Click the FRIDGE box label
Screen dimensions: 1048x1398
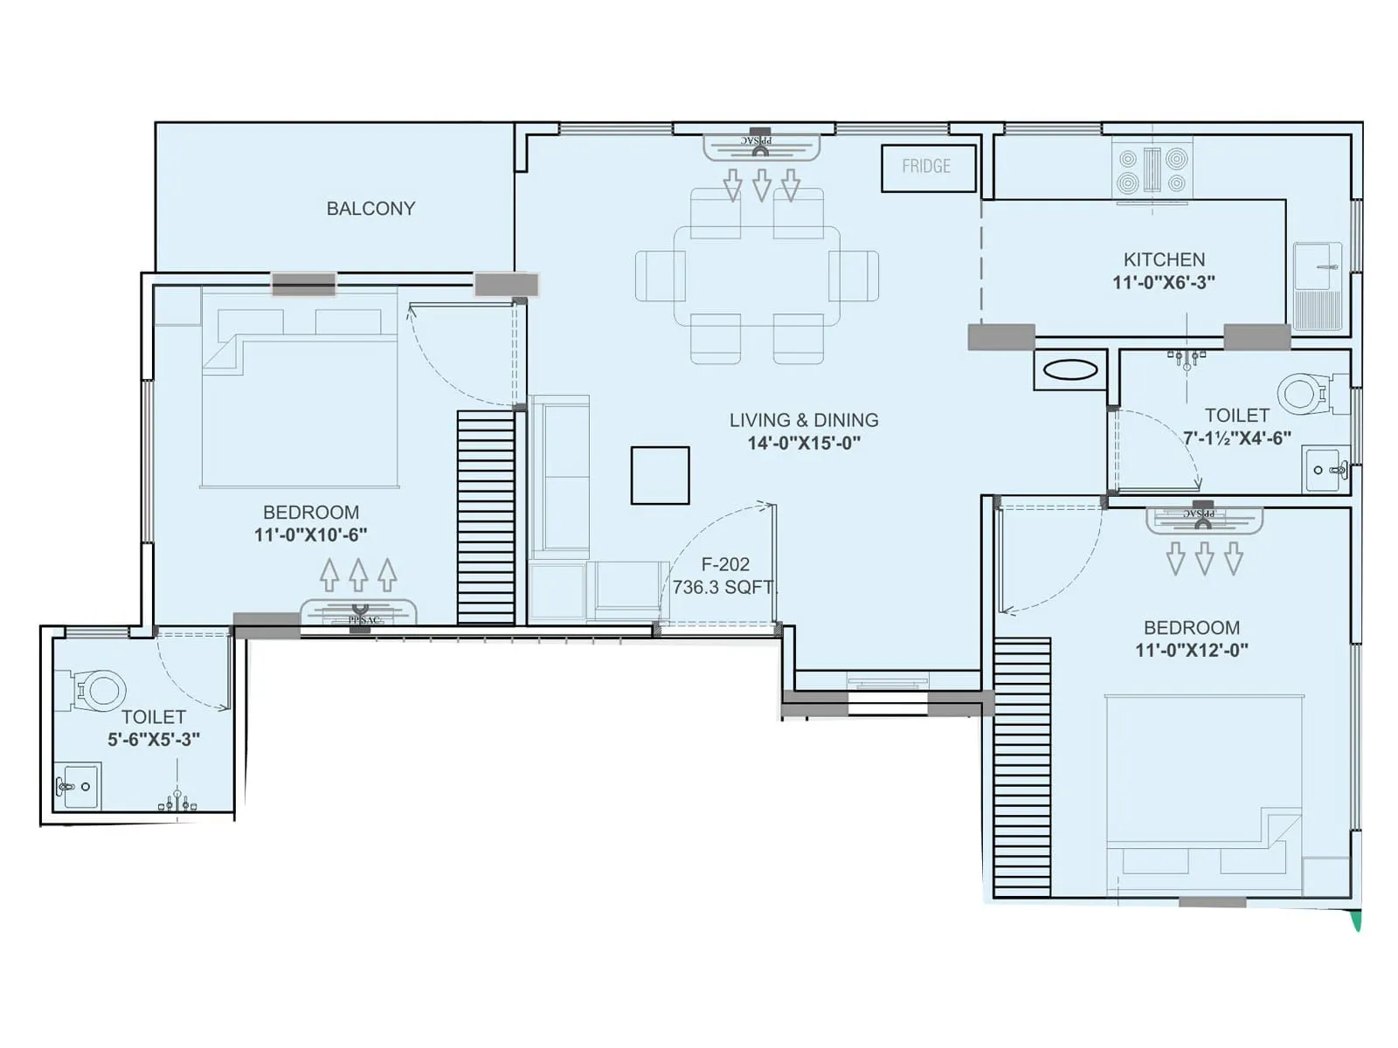pos(927,167)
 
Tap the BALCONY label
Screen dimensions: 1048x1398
pos(370,209)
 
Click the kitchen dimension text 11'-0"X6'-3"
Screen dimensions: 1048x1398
pos(1164,283)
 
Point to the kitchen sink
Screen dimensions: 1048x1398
pos(1317,265)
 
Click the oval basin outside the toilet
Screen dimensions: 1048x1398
pos(1070,370)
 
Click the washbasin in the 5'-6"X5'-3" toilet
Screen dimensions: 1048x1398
pos(77,786)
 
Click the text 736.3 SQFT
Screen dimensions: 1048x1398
pos(723,588)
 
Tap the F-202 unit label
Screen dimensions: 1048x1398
pos(725,565)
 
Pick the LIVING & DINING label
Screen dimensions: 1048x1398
pos(804,420)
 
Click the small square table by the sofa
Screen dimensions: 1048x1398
pos(661,476)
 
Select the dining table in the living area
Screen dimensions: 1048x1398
pos(757,276)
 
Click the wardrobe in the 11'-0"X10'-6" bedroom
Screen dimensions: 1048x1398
pos(486,517)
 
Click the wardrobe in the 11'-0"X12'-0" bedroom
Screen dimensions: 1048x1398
pos(1022,767)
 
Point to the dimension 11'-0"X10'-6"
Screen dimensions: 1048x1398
pos(310,535)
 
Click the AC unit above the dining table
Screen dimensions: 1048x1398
pos(762,146)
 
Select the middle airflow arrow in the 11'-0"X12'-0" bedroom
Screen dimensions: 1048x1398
pos(1204,558)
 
